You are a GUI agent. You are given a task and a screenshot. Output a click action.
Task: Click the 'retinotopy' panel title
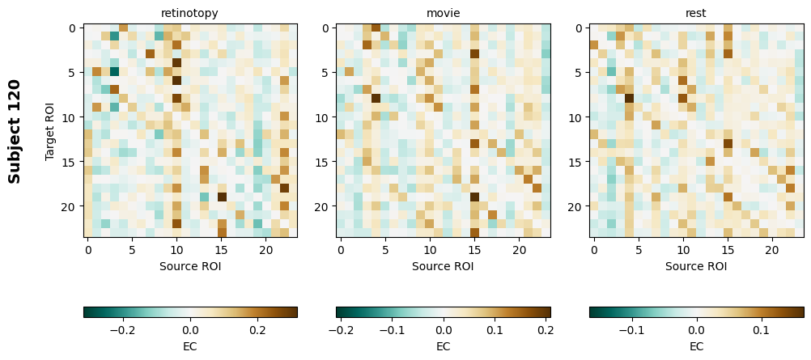pyautogui.click(x=189, y=13)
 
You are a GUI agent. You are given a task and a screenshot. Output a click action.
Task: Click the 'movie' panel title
pyautogui.click(x=443, y=13)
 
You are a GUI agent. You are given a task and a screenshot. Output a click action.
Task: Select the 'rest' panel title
pyautogui.click(x=696, y=13)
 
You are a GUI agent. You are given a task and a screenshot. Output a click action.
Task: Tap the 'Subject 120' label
pyautogui.click(x=15, y=130)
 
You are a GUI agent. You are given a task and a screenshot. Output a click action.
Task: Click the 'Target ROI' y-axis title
pyautogui.click(x=50, y=130)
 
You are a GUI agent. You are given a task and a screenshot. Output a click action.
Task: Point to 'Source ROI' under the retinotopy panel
pyautogui.click(x=190, y=265)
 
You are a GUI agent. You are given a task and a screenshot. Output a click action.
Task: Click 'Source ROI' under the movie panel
pyautogui.click(x=443, y=265)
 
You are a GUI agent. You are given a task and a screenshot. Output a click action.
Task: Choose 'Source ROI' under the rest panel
pyautogui.click(x=696, y=265)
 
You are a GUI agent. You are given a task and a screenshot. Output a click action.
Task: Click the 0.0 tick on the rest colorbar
pyautogui.click(x=696, y=330)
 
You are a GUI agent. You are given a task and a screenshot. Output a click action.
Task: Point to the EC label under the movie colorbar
pyautogui.click(x=443, y=346)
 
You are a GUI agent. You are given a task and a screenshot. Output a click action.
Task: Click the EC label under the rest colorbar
pyautogui.click(x=696, y=346)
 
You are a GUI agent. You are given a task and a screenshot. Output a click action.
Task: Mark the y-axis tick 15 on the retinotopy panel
pyautogui.click(x=71, y=162)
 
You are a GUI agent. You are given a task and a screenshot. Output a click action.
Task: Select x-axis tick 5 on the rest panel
pyautogui.click(x=639, y=252)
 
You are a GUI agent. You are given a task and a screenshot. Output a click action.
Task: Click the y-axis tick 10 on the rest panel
pyautogui.click(x=578, y=117)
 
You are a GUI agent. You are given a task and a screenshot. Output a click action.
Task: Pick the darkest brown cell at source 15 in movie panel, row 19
pyautogui.click(x=474, y=197)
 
